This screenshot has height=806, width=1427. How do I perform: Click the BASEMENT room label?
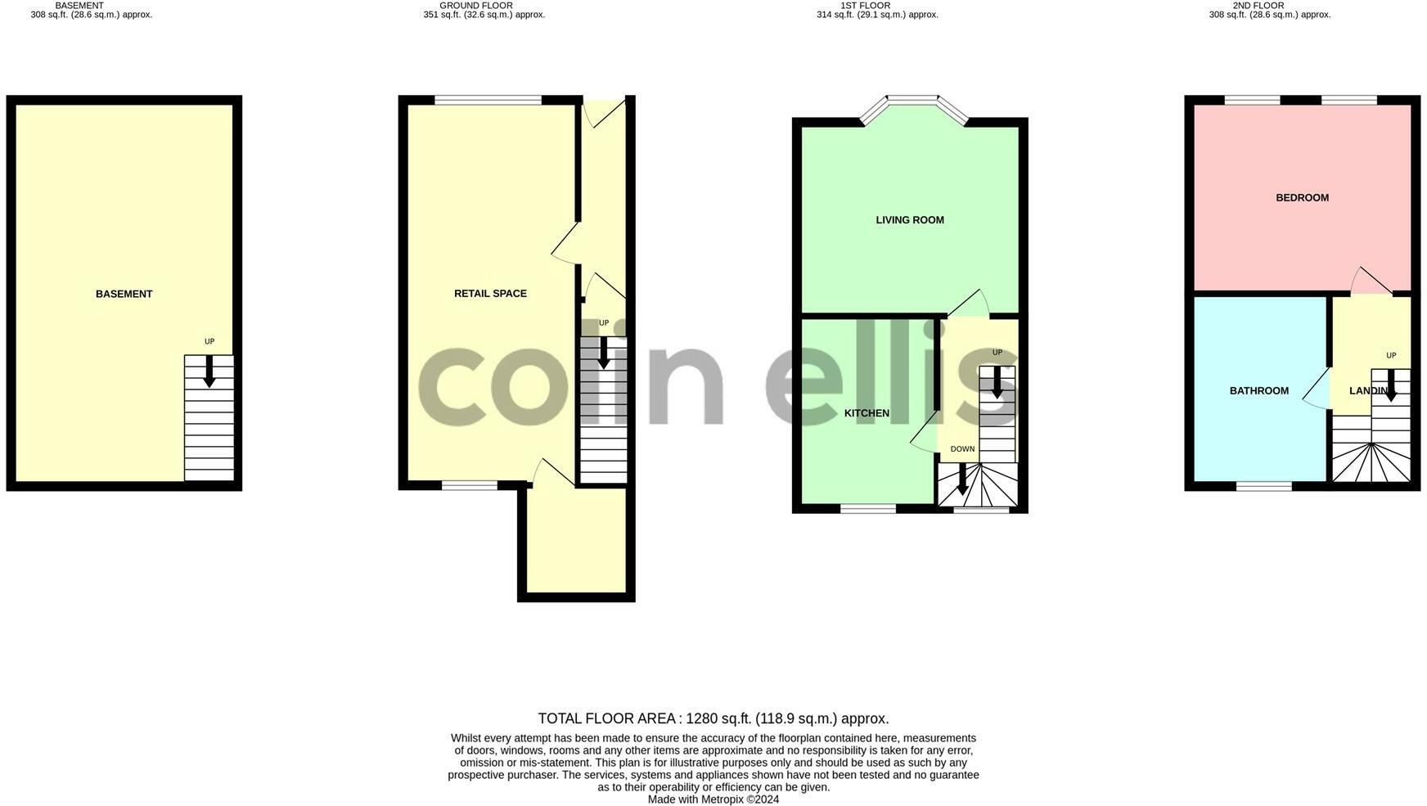pyautogui.click(x=124, y=294)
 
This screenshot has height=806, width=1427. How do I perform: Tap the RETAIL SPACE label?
pyautogui.click(x=490, y=293)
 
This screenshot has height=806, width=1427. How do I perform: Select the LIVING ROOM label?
pyautogui.click(x=909, y=219)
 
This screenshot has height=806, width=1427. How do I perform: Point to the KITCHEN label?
pyautogui.click(x=867, y=413)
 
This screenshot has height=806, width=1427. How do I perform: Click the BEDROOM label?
pyautogui.click(x=1302, y=197)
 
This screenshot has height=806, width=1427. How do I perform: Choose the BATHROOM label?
pyautogui.click(x=1258, y=390)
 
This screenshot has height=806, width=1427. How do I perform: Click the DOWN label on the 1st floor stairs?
pyautogui.click(x=962, y=448)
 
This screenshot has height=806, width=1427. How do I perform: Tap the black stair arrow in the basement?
pyautogui.click(x=209, y=370)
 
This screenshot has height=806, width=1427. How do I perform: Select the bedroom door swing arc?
pyautogui.click(x=1369, y=280)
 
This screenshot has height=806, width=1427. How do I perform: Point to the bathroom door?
pyautogui.click(x=1316, y=389)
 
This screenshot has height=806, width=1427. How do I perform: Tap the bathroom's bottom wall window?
pyautogui.click(x=1263, y=487)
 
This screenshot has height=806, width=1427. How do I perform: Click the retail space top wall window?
pyautogui.click(x=488, y=101)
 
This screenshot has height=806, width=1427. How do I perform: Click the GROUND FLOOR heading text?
pyautogui.click(x=475, y=6)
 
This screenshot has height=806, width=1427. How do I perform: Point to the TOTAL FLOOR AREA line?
pyautogui.click(x=713, y=718)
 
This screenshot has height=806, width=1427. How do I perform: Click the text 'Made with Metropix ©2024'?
pyautogui.click(x=713, y=799)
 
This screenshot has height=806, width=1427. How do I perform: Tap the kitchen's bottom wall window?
pyautogui.click(x=867, y=509)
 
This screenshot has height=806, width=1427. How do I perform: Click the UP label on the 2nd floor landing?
pyautogui.click(x=1390, y=355)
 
